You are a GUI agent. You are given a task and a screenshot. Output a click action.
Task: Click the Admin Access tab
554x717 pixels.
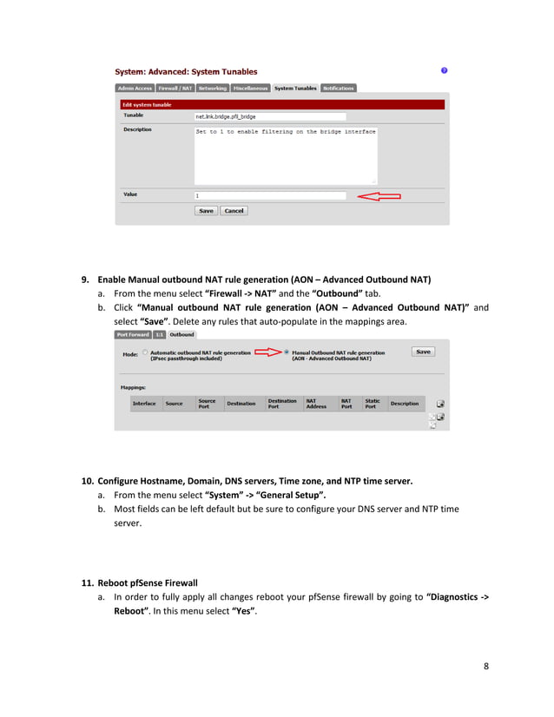click(x=135, y=89)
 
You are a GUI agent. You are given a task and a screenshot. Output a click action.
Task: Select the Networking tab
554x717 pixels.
click(x=212, y=89)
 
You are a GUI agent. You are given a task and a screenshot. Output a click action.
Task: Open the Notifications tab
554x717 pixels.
click(x=338, y=89)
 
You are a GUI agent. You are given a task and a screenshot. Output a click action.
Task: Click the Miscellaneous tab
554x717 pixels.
click(x=250, y=89)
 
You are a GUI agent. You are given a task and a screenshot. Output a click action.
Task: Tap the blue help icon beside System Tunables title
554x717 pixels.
click(x=445, y=70)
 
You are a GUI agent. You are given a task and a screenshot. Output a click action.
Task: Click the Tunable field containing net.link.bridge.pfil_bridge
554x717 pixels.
click(x=270, y=115)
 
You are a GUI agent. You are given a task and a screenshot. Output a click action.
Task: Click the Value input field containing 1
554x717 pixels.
click(x=270, y=196)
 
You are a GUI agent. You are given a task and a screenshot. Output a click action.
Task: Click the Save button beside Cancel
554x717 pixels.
click(x=206, y=211)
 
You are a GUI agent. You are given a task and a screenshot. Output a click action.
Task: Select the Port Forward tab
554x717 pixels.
click(x=133, y=334)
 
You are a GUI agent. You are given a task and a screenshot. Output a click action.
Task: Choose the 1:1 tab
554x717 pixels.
click(x=159, y=334)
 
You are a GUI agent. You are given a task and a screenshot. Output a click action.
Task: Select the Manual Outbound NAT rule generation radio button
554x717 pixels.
click(x=287, y=352)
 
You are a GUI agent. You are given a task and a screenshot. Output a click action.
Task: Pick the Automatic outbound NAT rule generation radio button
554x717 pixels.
click(x=145, y=352)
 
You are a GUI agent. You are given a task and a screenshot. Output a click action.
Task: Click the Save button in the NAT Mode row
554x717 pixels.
click(x=423, y=352)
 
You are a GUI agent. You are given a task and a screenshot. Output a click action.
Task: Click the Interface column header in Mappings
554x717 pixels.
click(x=144, y=404)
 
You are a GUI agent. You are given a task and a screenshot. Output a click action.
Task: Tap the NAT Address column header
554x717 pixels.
click(x=316, y=404)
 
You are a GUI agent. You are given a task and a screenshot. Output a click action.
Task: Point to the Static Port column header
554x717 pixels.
click(x=373, y=404)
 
